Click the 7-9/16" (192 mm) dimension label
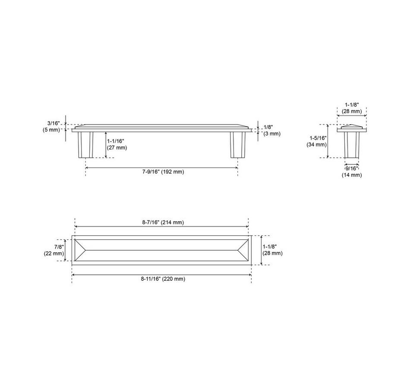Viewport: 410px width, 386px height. click(x=163, y=172)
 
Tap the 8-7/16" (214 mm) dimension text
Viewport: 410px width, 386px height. click(x=163, y=223)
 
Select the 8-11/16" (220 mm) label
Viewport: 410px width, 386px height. click(x=163, y=279)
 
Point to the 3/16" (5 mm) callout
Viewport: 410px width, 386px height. click(x=51, y=126)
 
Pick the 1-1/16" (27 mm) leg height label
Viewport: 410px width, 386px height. click(x=117, y=144)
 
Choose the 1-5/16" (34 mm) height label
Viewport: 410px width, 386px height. click(x=317, y=141)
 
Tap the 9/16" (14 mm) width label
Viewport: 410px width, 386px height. click(x=352, y=172)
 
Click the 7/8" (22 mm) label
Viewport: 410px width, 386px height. click(x=54, y=250)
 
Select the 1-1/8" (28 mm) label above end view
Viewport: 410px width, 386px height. click(x=352, y=108)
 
